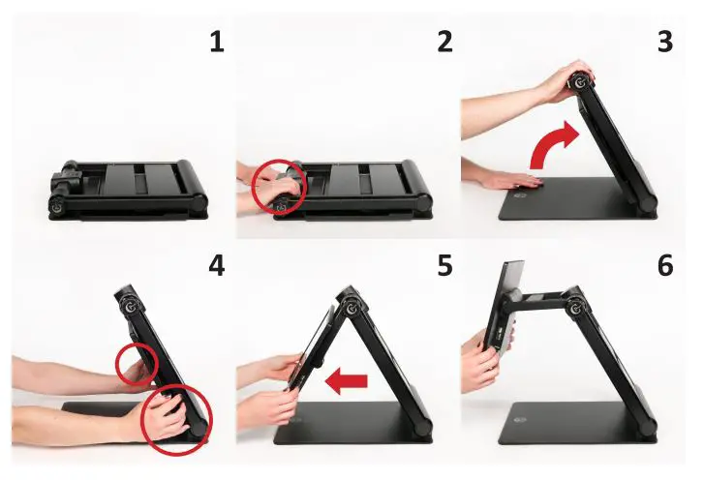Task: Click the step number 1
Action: click(217, 42)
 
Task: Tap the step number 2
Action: click(444, 42)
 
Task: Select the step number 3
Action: click(664, 42)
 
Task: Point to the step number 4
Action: click(217, 264)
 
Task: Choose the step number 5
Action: click(444, 264)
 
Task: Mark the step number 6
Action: click(664, 264)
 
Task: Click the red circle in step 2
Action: click(279, 186)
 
